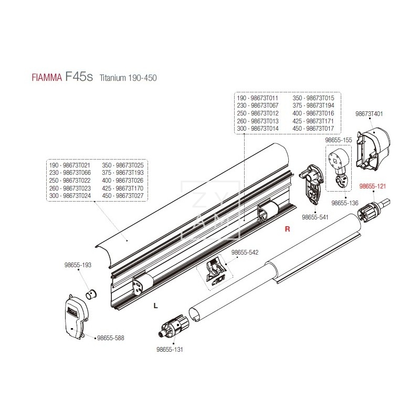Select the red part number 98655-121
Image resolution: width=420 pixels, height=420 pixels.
pos(373,186)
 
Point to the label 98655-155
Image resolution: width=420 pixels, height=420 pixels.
pos(338,141)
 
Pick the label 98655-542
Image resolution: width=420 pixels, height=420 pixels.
pos(245,253)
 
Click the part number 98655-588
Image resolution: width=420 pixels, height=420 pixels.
pos(111,339)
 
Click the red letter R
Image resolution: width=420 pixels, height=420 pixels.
pos(287,229)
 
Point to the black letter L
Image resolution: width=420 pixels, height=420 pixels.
pos(155,305)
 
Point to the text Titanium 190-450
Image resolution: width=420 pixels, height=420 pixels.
pos(128,78)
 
